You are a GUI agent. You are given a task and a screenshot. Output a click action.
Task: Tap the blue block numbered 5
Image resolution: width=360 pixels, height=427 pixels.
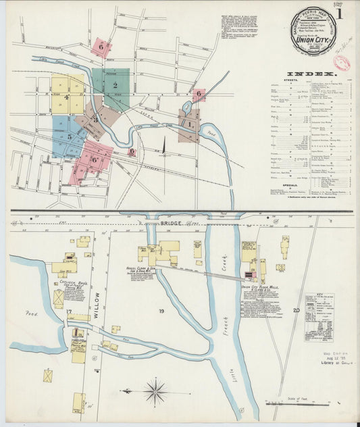click(x=68, y=137)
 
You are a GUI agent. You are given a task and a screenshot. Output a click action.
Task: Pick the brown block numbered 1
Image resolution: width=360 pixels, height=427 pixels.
click(x=189, y=125)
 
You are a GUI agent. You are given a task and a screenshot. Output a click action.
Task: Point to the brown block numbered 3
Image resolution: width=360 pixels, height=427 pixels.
click(x=95, y=120)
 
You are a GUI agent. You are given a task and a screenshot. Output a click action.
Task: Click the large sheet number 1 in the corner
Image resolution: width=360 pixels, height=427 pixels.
click(x=339, y=13)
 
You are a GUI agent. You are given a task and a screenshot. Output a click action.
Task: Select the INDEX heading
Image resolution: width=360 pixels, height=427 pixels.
click(x=310, y=73)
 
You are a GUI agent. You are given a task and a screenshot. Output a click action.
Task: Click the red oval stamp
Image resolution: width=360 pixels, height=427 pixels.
click(x=342, y=64)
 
